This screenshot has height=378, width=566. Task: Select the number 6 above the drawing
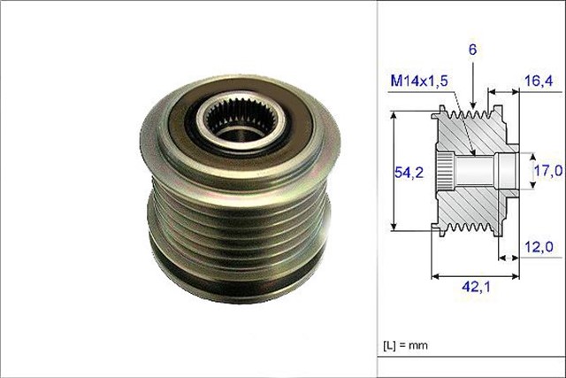pos(474,52)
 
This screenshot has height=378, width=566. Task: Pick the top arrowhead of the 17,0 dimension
pos(532,154)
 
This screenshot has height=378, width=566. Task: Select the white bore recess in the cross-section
pos(507,169)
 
